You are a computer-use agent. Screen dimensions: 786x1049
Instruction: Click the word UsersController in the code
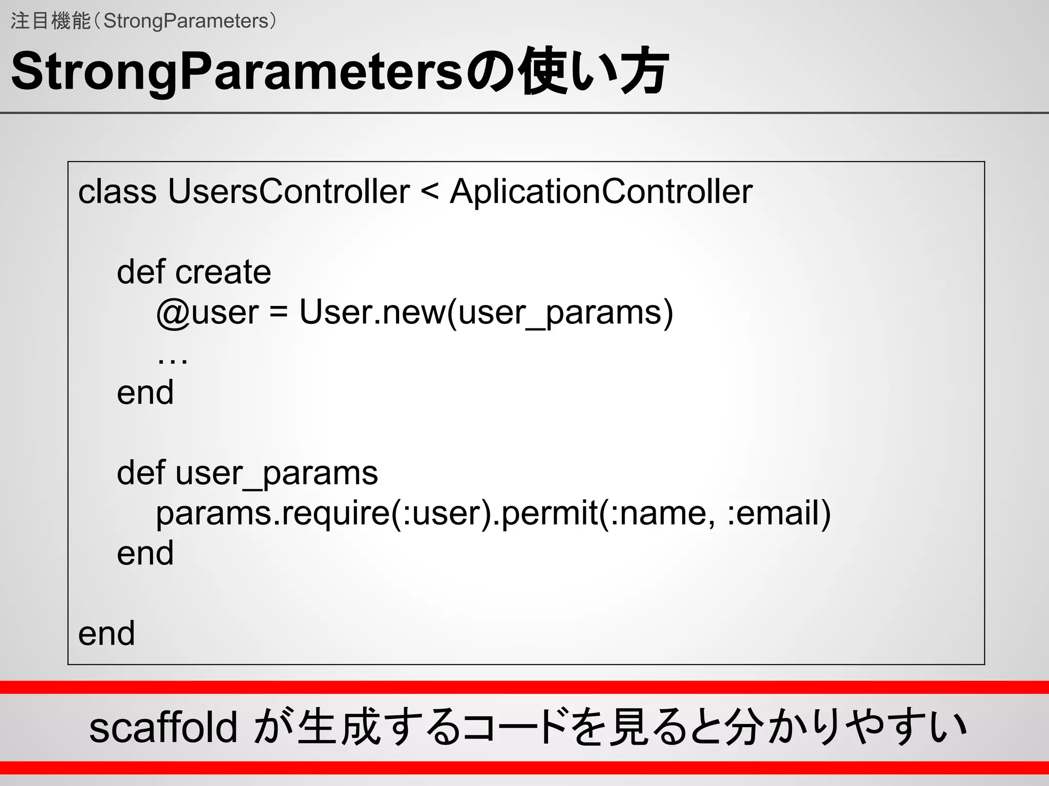pos(288,192)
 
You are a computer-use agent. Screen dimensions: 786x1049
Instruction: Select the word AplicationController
pos(601,192)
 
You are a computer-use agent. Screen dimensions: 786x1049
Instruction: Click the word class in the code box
pos(117,192)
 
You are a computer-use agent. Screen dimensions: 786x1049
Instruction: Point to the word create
pos(223,272)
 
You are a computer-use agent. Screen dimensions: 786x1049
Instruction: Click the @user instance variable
pos(207,312)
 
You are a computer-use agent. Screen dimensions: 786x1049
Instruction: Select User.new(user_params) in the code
pos(486,312)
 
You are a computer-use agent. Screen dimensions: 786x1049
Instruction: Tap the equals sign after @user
pos(279,312)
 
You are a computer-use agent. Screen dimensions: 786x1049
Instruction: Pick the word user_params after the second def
pos(277,473)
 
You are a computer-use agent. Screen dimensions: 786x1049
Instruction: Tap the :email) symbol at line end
pos(779,513)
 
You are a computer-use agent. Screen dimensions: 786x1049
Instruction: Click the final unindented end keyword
pos(107,634)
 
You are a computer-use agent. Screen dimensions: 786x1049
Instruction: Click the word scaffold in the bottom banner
pos(163,727)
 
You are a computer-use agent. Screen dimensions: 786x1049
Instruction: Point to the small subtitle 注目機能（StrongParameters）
pos(143,21)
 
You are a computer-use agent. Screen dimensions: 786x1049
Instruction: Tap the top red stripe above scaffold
pos(524,687)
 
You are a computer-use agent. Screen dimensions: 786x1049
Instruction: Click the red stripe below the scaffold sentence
pos(524,768)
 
